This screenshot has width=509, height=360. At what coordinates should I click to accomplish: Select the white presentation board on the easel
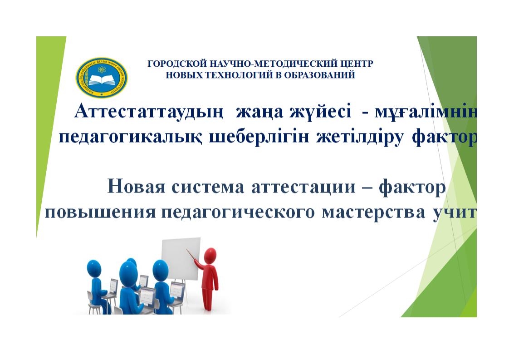(x=180, y=259)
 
